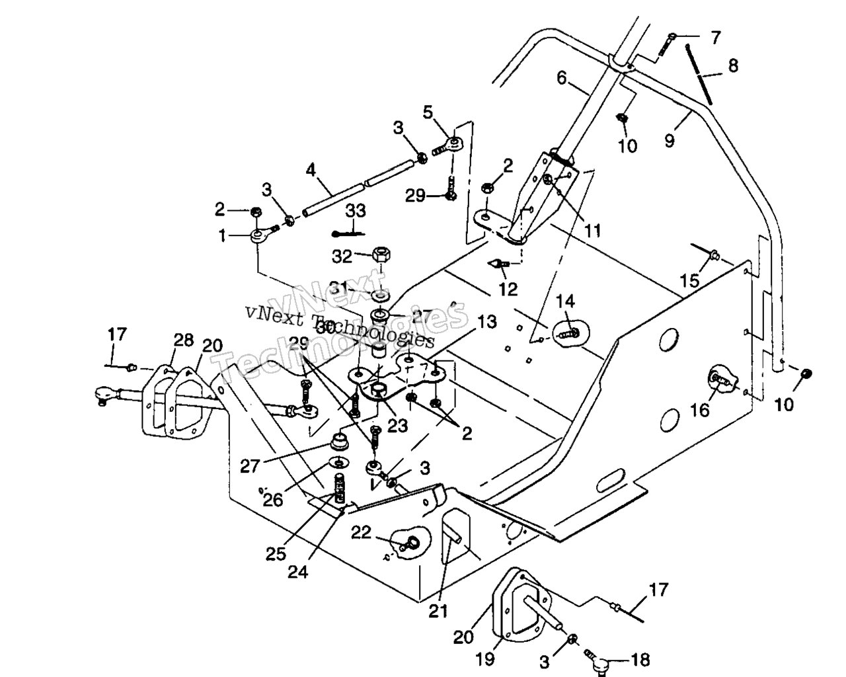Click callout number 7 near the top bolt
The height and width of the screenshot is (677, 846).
[716, 38]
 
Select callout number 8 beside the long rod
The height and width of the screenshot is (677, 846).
[732, 66]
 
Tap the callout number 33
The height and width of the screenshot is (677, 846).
[356, 211]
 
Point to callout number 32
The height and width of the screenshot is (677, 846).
[342, 255]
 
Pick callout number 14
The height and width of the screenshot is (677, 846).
[565, 302]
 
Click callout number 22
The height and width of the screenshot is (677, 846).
[361, 532]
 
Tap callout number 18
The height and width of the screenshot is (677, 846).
[639, 660]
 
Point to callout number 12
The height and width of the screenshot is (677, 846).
[508, 289]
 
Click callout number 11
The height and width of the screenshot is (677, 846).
[592, 230]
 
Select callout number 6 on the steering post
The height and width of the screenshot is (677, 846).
[562, 79]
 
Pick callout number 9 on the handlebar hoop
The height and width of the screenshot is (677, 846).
[670, 140]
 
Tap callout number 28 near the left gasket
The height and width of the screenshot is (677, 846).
[183, 340]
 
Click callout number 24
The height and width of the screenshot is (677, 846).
[297, 572]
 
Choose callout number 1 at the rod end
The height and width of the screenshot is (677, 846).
[223, 235]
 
